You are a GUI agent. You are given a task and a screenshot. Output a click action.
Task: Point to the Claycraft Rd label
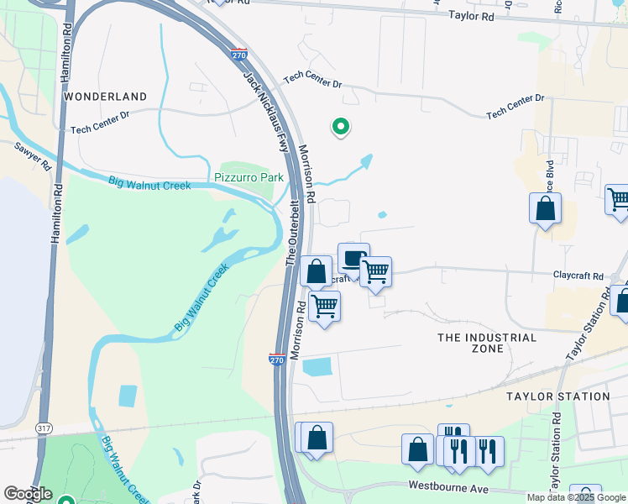(578, 276)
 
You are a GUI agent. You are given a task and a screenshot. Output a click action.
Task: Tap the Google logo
(28, 494)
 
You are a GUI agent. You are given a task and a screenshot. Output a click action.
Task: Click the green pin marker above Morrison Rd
(341, 127)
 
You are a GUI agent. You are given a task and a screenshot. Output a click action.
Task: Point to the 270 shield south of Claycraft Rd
(277, 360)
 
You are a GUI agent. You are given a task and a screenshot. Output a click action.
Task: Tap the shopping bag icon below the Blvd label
(545, 208)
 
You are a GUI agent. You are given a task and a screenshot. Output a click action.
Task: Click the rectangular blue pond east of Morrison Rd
(316, 367)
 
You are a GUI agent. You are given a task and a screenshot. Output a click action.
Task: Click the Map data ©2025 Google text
(576, 497)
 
